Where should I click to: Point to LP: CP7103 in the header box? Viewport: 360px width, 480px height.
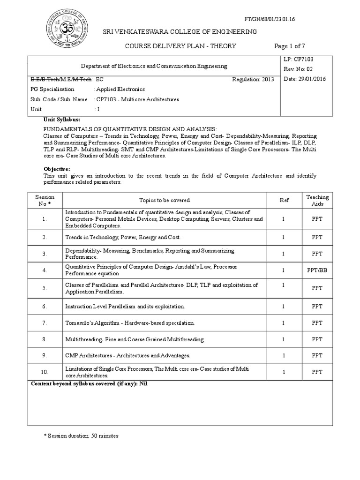coord(301,60)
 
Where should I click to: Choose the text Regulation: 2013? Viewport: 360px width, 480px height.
coord(253,79)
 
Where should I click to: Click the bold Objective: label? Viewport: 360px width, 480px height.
coord(57,168)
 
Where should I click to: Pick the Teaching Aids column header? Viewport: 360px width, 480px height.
coord(317,201)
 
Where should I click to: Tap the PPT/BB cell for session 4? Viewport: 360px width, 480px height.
coord(317,270)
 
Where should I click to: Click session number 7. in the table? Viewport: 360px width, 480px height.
coord(45,323)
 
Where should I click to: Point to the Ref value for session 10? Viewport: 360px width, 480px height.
coord(284,372)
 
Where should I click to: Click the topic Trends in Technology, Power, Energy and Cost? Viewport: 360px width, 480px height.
coord(123,238)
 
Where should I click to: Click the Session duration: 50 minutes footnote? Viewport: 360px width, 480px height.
coord(81,436)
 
